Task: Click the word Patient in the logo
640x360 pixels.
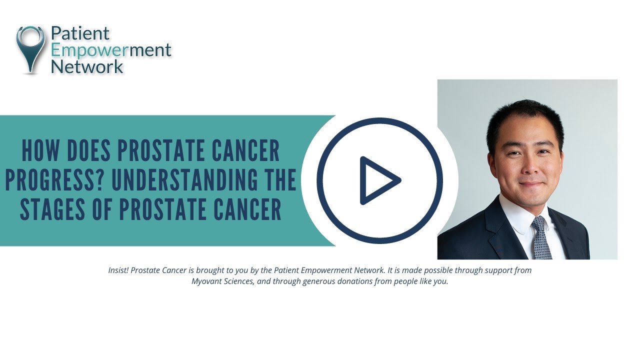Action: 80,33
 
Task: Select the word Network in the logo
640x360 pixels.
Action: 87,66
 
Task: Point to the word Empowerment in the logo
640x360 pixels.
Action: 111,50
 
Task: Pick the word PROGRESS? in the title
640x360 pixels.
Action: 55,180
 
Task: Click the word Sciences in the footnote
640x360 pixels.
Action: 239,281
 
